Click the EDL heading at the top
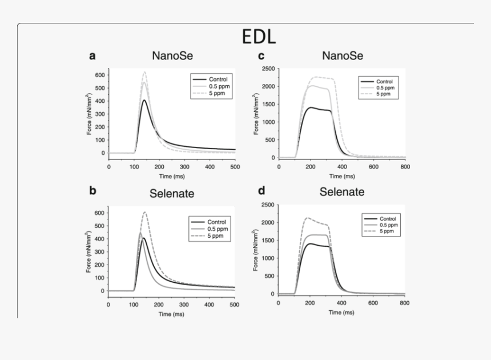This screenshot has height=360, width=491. tap(259, 37)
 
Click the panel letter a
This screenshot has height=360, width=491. tap(92, 56)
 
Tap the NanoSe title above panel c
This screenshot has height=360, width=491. tap(343, 56)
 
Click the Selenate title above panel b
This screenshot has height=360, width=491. tap(172, 193)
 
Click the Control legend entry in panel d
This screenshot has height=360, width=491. tap(388, 218)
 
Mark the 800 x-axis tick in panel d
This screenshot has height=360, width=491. tap(404, 303)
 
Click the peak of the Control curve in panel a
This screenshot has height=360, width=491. tap(145, 101)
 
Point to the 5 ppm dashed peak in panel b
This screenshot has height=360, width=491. tap(145, 213)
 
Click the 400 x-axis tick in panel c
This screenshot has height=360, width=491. tap(342, 167)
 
